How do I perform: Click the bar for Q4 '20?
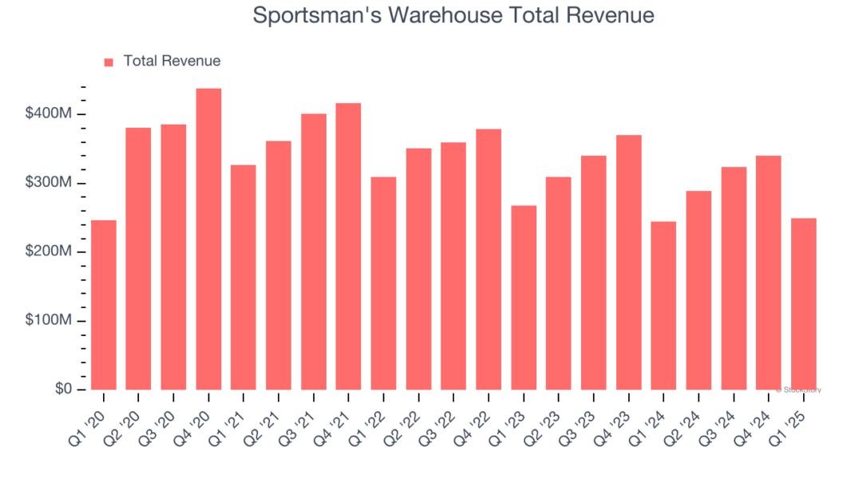[208, 239]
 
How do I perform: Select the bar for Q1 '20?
[104, 305]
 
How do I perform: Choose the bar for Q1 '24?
[663, 306]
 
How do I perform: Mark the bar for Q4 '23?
[628, 263]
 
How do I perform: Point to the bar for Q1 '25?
[804, 304]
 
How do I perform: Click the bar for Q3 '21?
[313, 251]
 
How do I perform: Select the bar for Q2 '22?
[418, 269]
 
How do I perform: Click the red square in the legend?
[109, 61]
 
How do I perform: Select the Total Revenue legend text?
[172, 61]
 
